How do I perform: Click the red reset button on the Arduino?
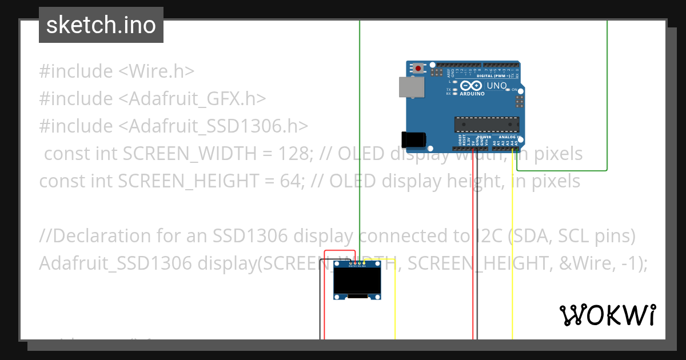[x=419, y=69]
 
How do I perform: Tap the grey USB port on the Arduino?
[x=412, y=87]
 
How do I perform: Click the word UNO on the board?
[x=496, y=86]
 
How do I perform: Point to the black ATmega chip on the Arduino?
[x=487, y=124]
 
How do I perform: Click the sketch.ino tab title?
[x=101, y=25]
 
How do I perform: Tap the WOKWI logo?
[x=607, y=315]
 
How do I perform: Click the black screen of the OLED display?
[x=358, y=281]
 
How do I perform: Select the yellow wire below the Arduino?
[x=512, y=257]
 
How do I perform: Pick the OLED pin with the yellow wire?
[x=364, y=263]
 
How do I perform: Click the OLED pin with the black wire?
[x=350, y=263]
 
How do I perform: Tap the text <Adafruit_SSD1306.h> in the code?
[x=213, y=126]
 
